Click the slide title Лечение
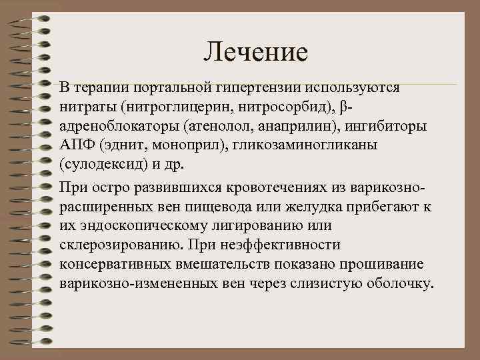(x=256, y=51)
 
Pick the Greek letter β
(x=343, y=107)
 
